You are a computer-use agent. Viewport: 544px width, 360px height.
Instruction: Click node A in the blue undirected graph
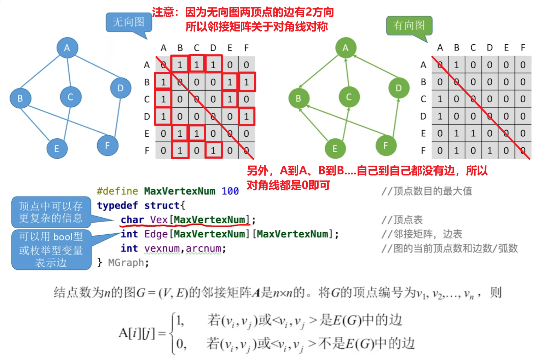(x=67, y=48)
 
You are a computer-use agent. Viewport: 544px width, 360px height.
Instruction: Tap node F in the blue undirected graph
(x=108, y=145)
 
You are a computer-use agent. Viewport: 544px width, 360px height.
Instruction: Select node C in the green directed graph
(x=349, y=97)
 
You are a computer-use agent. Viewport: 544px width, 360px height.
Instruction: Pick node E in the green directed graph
(x=335, y=149)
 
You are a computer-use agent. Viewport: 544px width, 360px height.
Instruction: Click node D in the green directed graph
(x=399, y=88)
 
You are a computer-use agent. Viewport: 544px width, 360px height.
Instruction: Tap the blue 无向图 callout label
(x=128, y=22)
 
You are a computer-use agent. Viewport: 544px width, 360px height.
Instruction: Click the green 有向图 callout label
(x=409, y=25)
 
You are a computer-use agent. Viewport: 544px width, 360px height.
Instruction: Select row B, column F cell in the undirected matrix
(x=247, y=82)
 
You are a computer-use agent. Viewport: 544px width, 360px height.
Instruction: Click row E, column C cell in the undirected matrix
(x=197, y=133)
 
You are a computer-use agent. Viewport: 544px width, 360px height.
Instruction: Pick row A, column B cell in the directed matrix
(x=457, y=65)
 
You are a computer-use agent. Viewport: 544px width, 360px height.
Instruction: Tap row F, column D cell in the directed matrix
(x=490, y=151)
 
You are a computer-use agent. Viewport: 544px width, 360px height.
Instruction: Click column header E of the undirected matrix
(x=230, y=48)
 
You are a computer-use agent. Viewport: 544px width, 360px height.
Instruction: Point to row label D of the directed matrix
(x=423, y=116)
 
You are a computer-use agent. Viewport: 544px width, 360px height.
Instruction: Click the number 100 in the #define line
(x=230, y=191)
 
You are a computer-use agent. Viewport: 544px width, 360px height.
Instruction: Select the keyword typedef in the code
(x=117, y=205)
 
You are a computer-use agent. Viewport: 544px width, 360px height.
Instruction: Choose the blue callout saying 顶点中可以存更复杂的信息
(x=51, y=212)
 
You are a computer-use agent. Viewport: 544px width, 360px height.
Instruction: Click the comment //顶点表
(x=402, y=220)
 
